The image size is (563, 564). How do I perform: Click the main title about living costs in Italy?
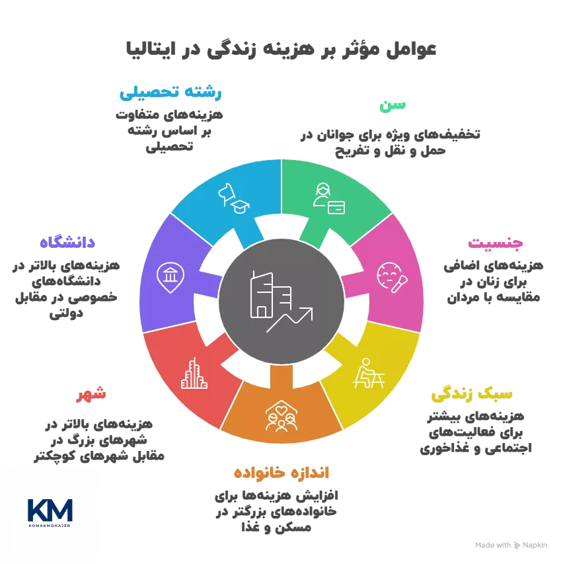tap(281, 50)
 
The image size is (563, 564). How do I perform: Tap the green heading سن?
tap(393, 106)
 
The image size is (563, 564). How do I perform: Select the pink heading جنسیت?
tap(496, 243)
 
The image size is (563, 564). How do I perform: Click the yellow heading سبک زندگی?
tap(472, 395)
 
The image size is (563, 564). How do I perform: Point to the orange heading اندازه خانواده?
tap(281, 473)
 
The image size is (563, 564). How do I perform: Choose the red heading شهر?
tap(91, 395)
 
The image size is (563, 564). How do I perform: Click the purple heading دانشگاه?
tap(68, 241)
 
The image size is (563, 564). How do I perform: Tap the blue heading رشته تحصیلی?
tap(170, 93)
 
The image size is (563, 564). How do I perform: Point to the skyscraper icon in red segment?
tap(191, 373)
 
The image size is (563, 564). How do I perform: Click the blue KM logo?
tap(50, 512)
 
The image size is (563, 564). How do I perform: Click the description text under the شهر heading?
tap(99, 440)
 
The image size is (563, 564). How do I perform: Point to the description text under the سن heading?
tap(390, 143)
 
